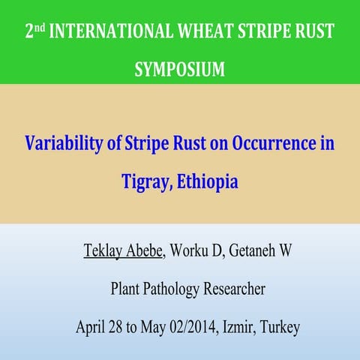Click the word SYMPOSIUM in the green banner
(180, 70)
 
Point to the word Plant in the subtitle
(126, 289)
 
